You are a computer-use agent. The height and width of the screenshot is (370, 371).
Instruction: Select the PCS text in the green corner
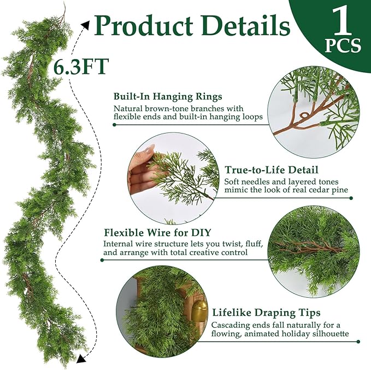pyautogui.click(x=343, y=47)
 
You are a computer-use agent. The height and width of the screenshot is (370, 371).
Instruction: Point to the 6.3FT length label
pyautogui.click(x=82, y=66)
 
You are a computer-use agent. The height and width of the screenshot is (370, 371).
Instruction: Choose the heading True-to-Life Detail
pyautogui.click(x=272, y=170)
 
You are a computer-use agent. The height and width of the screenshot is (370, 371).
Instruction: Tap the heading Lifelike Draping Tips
pyautogui.click(x=266, y=313)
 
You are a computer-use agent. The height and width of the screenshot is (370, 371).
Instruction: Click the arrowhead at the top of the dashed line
pyautogui.click(x=86, y=23)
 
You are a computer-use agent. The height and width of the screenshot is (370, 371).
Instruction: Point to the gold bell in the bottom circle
pyautogui.click(x=198, y=312)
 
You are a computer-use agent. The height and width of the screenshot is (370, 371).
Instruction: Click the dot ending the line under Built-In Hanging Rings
pyautogui.click(x=114, y=124)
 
